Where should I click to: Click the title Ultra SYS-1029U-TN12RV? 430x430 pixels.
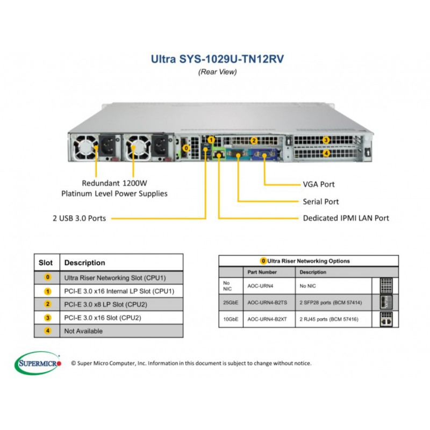tap(217, 59)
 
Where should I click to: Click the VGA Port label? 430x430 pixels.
tap(319, 184)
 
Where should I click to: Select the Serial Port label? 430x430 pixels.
tap(320, 202)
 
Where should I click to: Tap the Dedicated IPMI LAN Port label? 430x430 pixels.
tap(346, 218)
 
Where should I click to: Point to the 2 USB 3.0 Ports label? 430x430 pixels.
tap(79, 218)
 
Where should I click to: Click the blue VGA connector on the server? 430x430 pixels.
tap(263, 154)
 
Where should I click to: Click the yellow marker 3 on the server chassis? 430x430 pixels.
tap(326, 140)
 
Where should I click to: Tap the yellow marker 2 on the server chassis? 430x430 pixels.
tap(254, 141)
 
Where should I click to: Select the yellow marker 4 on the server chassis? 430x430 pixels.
tap(326, 153)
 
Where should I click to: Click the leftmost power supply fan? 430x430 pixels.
tap(85, 147)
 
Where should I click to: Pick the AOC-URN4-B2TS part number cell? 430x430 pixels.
tap(267, 303)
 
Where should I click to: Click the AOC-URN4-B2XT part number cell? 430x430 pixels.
tap(267, 319)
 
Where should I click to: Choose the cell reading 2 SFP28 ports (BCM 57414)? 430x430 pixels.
tap(331, 303)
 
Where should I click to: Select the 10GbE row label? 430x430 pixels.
tap(231, 319)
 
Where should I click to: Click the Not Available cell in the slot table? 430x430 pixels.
tap(83, 331)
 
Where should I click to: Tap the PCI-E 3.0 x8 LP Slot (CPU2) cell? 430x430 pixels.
tap(105, 304)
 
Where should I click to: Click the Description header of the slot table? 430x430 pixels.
tap(84, 263)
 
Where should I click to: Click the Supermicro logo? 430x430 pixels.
tap(38, 363)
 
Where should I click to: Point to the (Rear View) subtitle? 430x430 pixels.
tap(218, 72)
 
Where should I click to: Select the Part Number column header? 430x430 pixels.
tap(262, 272)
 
